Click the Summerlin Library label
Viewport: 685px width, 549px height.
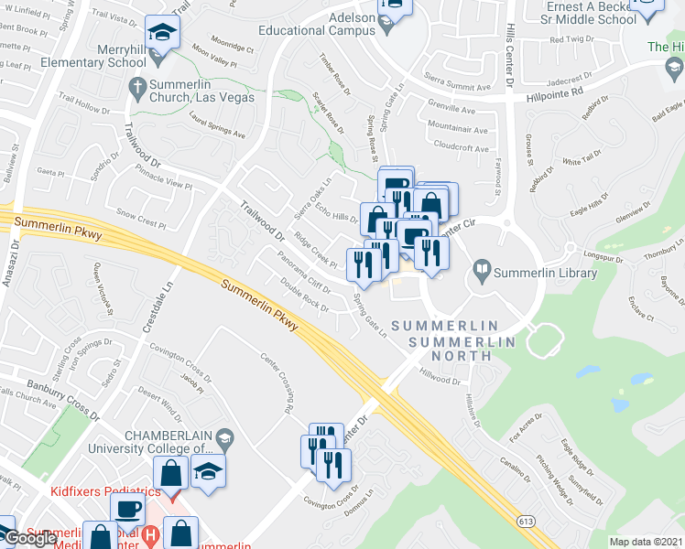[x=545, y=273]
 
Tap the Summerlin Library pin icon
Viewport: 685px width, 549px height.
[x=482, y=272]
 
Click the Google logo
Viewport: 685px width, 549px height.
[x=29, y=538]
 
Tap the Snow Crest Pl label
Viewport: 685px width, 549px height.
[x=139, y=220]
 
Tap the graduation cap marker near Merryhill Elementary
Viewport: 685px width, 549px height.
[x=163, y=34]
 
